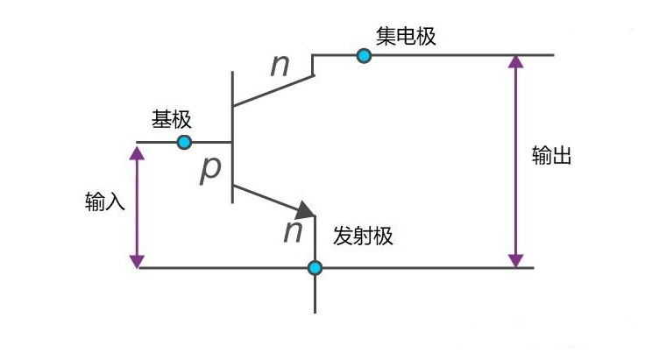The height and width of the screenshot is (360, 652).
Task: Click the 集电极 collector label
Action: [x=406, y=37]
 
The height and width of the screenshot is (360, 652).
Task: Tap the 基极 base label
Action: [x=171, y=120]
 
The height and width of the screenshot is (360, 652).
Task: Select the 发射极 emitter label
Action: [x=363, y=236]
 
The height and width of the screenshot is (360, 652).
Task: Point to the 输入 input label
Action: [x=105, y=201]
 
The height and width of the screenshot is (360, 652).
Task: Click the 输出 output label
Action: [x=552, y=155]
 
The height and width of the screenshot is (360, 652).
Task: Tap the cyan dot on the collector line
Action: [x=365, y=55]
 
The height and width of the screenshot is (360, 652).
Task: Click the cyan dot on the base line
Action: [x=184, y=142]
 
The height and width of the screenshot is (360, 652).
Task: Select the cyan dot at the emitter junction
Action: [x=315, y=268]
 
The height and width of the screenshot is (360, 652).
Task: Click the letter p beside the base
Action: [x=210, y=170]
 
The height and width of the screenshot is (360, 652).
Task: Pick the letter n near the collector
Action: [x=280, y=66]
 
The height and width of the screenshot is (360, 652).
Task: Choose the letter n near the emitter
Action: [x=293, y=232]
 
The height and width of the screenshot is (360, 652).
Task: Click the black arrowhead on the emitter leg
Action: [x=306, y=210]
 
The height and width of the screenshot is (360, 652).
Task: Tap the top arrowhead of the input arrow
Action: [x=137, y=153]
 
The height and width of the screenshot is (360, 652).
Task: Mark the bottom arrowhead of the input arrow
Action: [x=137, y=262]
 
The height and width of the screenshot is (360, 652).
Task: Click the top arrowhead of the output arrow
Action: [x=516, y=61]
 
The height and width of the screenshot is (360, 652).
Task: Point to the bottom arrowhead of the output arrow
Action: [x=516, y=261]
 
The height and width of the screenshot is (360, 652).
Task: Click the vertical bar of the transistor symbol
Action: [x=232, y=138]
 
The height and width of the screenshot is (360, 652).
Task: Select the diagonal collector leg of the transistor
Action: [x=273, y=90]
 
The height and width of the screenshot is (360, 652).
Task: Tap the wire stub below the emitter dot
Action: [x=315, y=294]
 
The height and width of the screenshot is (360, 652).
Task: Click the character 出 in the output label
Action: [x=562, y=155]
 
